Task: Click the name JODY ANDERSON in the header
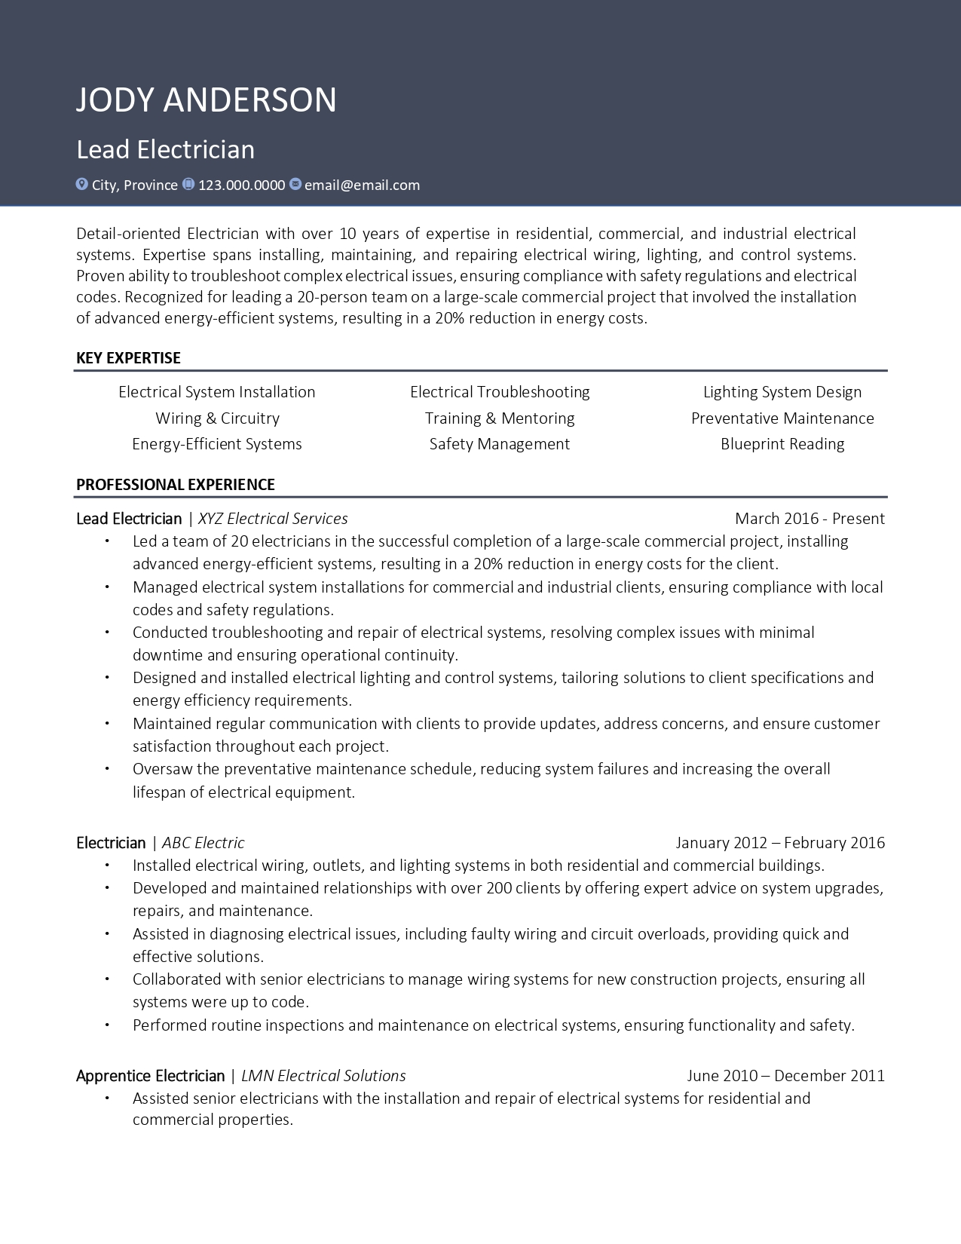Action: pos(206,100)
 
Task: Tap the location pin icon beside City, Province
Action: pos(82,184)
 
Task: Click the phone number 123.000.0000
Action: pos(241,185)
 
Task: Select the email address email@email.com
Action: pos(362,185)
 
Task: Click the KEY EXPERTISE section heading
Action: pos(128,358)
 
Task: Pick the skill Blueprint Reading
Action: pos(782,444)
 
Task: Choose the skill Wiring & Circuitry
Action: pos(217,418)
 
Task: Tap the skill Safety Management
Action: pos(499,444)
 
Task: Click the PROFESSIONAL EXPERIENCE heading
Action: pos(175,485)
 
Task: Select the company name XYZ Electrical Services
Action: pos(273,519)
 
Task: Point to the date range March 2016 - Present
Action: pos(809,519)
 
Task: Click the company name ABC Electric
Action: pos(204,843)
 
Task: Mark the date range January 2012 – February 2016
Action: pos(779,843)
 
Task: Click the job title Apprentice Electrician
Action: pos(150,1076)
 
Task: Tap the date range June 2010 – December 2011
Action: pos(785,1076)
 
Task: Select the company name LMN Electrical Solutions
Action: pos(323,1076)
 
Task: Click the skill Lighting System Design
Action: pos(782,392)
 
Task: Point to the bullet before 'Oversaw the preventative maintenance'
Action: pos(107,769)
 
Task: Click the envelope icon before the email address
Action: pos(295,184)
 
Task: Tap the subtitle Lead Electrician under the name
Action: pos(165,149)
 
